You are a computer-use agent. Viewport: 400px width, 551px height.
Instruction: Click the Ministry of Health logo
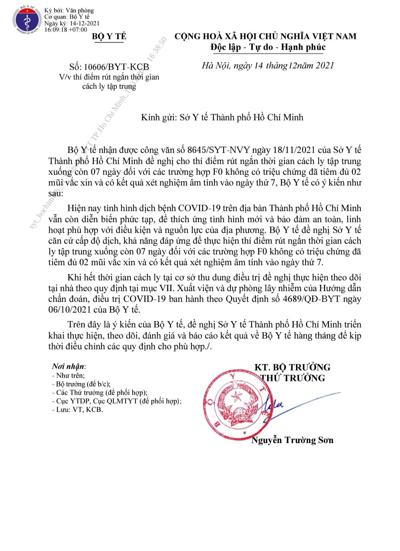click(x=26, y=21)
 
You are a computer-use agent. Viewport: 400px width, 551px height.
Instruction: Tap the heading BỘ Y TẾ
click(x=109, y=36)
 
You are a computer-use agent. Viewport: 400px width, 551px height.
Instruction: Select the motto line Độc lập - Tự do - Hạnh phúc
click(x=268, y=47)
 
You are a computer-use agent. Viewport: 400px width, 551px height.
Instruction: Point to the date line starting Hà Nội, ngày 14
click(x=268, y=66)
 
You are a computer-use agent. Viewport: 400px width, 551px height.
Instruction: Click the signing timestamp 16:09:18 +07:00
click(x=66, y=30)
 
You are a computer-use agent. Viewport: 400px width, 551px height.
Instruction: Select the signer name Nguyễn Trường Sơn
click(x=292, y=440)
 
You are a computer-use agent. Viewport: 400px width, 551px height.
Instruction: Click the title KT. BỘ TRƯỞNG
click(x=292, y=367)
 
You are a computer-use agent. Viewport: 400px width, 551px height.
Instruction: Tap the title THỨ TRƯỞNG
click(x=292, y=378)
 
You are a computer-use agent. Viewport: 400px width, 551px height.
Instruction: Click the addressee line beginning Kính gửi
click(x=222, y=117)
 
